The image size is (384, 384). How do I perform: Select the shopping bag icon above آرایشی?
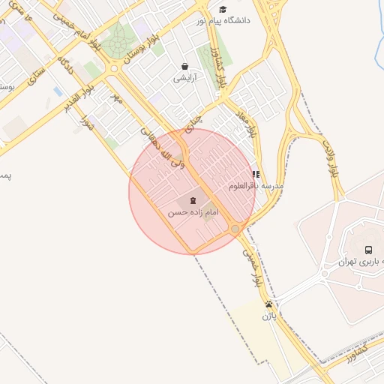(x=184, y=66)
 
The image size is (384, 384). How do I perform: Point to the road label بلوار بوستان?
(x=143, y=46)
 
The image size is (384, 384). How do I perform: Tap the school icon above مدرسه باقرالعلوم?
(x=256, y=174)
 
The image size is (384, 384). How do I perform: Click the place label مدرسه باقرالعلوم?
(x=257, y=185)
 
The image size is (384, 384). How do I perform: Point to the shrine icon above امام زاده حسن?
(x=194, y=200)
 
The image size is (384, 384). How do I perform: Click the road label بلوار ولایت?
(x=332, y=155)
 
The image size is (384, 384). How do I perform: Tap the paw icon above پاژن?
(x=268, y=304)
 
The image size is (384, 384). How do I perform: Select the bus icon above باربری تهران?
(x=368, y=250)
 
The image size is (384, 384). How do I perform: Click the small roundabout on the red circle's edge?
(x=235, y=229)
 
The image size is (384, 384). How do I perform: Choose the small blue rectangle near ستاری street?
(x=58, y=91)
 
